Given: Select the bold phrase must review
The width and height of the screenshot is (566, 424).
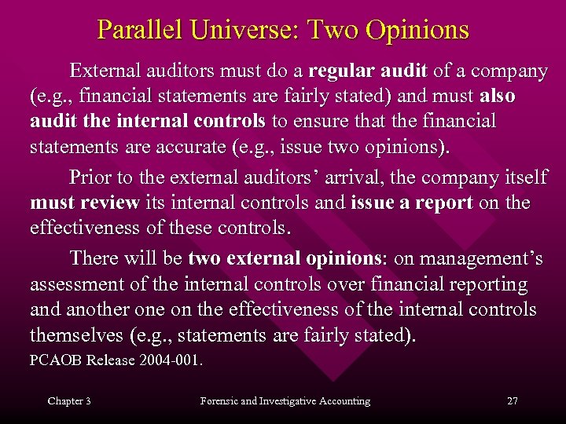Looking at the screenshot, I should (84, 203).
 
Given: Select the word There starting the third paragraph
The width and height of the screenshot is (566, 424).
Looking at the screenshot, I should (94, 258).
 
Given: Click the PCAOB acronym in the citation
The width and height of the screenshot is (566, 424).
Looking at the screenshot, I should (54, 362).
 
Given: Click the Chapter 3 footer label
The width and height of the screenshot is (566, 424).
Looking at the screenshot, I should (69, 401).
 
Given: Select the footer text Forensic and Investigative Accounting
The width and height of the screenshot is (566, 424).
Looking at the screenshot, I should (285, 401).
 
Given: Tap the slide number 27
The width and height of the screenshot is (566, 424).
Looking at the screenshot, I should (513, 401).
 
